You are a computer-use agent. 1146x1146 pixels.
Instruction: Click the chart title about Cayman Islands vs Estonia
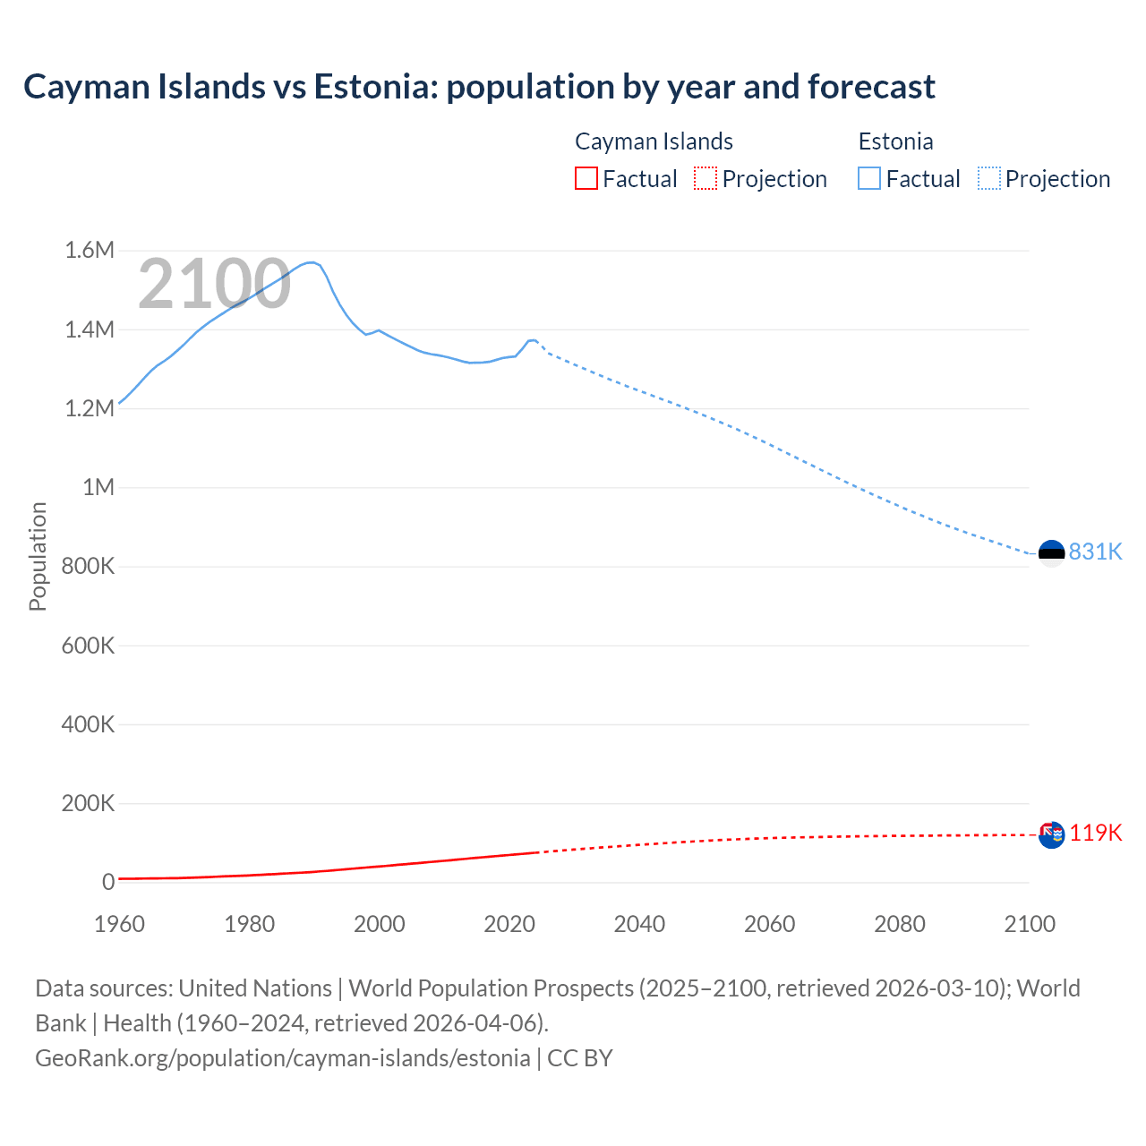479,87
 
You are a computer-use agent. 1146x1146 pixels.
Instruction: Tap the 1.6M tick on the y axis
90,251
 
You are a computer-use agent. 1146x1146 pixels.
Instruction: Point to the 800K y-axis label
88,567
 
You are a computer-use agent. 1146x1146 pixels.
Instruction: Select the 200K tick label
88,803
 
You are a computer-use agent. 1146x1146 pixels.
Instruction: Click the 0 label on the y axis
108,882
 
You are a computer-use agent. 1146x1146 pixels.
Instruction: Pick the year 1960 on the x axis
119,924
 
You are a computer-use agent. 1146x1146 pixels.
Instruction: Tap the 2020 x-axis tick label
509,924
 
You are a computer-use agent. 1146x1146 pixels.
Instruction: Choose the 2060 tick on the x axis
769,924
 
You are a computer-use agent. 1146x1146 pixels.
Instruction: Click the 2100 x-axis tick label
1030,924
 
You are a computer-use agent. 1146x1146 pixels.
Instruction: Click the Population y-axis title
38,556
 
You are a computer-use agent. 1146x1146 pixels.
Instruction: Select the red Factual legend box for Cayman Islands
586,179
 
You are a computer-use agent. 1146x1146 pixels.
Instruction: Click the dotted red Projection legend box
706,179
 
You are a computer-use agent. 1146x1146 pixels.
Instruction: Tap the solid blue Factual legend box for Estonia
869,179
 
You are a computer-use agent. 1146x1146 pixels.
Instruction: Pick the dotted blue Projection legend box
989,179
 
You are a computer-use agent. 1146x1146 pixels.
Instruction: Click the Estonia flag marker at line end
1051,553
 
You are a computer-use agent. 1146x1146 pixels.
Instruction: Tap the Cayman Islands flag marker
1051,834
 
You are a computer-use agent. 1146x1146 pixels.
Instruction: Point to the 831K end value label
1095,552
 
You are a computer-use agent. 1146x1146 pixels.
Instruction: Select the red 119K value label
1095,833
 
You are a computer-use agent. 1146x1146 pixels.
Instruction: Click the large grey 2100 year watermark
214,284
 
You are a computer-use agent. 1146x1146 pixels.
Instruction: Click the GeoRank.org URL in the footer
282,1058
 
